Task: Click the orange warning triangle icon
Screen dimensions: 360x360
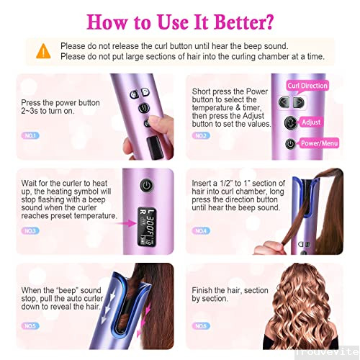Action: [43, 50]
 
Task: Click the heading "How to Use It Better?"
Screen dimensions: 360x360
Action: [180, 19]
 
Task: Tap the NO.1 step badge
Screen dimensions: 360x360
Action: [31, 135]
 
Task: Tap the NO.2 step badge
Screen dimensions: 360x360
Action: [202, 135]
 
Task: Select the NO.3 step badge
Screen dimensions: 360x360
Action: [31, 231]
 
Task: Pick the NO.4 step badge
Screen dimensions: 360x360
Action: [202, 231]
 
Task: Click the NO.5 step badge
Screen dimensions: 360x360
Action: [31, 325]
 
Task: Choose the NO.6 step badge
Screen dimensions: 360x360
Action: [202, 325]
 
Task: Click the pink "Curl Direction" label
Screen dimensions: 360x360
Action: [307, 86]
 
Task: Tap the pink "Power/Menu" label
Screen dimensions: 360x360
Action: [320, 143]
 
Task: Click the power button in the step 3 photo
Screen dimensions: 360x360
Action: [147, 185]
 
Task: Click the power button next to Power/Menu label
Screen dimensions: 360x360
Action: [289, 143]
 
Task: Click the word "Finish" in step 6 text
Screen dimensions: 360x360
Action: [204, 290]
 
